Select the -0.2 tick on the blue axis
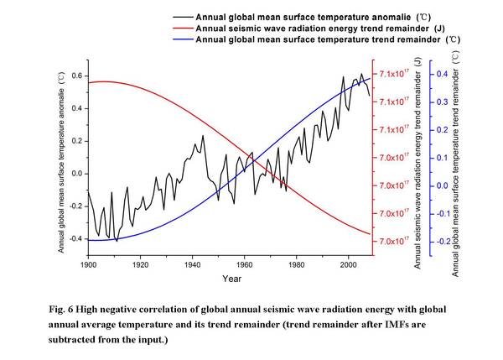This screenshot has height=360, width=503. click(x=441, y=242)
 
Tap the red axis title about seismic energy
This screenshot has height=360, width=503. click(x=417, y=159)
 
